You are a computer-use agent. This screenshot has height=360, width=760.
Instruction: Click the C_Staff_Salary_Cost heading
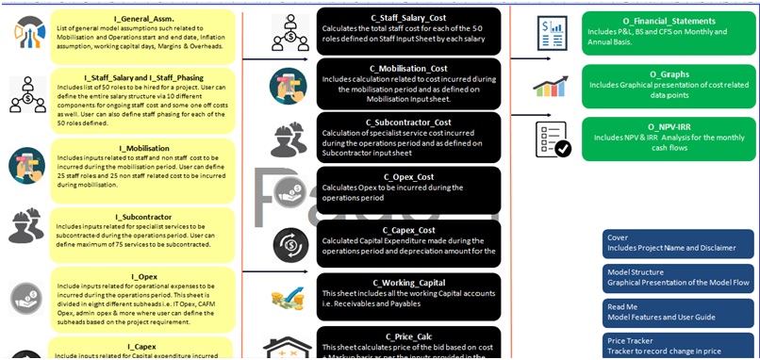click(408, 14)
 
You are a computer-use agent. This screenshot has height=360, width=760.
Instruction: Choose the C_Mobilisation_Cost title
click(408, 68)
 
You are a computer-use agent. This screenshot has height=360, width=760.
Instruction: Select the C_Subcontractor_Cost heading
click(408, 123)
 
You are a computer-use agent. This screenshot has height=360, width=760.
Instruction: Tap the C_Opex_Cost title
click(408, 176)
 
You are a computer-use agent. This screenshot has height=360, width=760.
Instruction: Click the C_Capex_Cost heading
click(408, 230)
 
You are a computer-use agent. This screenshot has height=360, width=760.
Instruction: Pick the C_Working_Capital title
click(408, 283)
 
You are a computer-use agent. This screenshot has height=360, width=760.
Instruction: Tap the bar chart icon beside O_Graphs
click(550, 87)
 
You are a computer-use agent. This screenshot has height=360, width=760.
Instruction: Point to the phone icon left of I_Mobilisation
click(26, 165)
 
